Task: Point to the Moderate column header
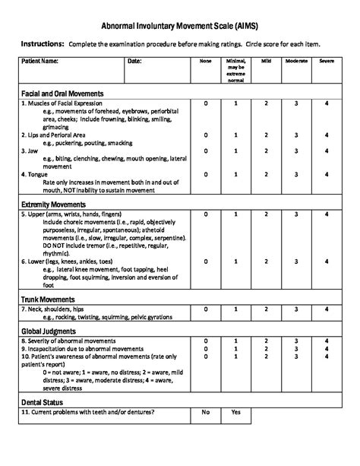coord(296,61)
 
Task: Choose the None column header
coord(205,61)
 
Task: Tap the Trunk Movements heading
coord(48,300)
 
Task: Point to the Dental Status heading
coord(43,402)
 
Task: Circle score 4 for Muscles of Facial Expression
coord(327,103)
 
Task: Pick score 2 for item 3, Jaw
coord(266,151)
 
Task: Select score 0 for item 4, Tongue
coord(205,174)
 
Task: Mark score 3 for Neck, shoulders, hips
coord(296,310)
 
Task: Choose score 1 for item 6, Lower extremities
coord(235,261)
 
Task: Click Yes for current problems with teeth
coord(235,413)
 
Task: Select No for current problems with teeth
coord(205,413)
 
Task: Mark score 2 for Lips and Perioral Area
coord(266,135)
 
